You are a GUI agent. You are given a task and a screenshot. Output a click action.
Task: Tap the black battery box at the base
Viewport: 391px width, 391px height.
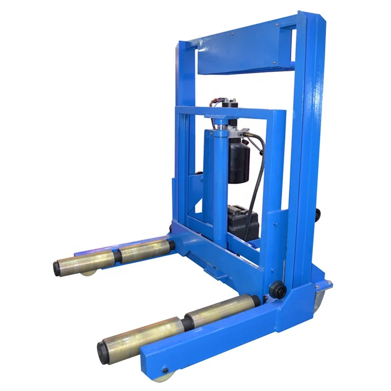pyautogui.click(x=242, y=222)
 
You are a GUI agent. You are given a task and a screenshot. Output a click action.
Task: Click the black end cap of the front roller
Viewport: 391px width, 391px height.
pyautogui.click(x=103, y=352)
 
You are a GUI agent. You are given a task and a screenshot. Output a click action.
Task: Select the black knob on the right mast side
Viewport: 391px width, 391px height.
pyautogui.click(x=319, y=214)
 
